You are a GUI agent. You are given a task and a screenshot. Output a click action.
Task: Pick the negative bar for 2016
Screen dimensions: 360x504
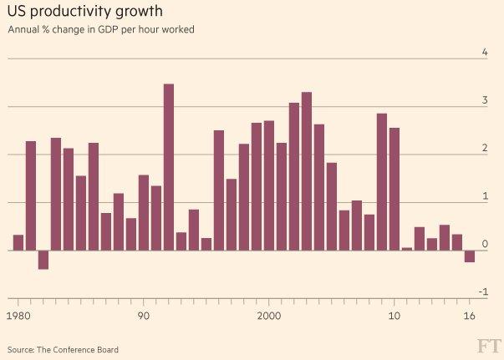click(469, 256)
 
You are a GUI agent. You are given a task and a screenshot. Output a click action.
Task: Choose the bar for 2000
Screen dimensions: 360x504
click(268, 185)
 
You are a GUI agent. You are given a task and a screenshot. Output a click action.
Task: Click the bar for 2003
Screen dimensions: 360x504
click(306, 171)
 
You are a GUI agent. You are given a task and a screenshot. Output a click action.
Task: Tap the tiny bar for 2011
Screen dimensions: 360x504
click(406, 248)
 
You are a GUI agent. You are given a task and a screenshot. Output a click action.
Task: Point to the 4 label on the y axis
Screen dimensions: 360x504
click(485, 53)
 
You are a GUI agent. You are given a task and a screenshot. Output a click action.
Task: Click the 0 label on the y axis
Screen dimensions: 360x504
click(485, 244)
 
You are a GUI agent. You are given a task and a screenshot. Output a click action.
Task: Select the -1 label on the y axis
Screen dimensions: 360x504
click(483, 292)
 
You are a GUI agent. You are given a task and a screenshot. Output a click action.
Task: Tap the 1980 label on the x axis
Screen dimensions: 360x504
click(18, 317)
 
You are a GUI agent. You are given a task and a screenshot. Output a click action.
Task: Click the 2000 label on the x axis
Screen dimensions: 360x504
click(268, 317)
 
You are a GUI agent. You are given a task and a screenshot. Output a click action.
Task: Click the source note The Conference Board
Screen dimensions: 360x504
click(63, 349)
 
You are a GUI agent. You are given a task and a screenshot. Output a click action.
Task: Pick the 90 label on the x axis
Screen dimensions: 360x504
click(143, 317)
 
